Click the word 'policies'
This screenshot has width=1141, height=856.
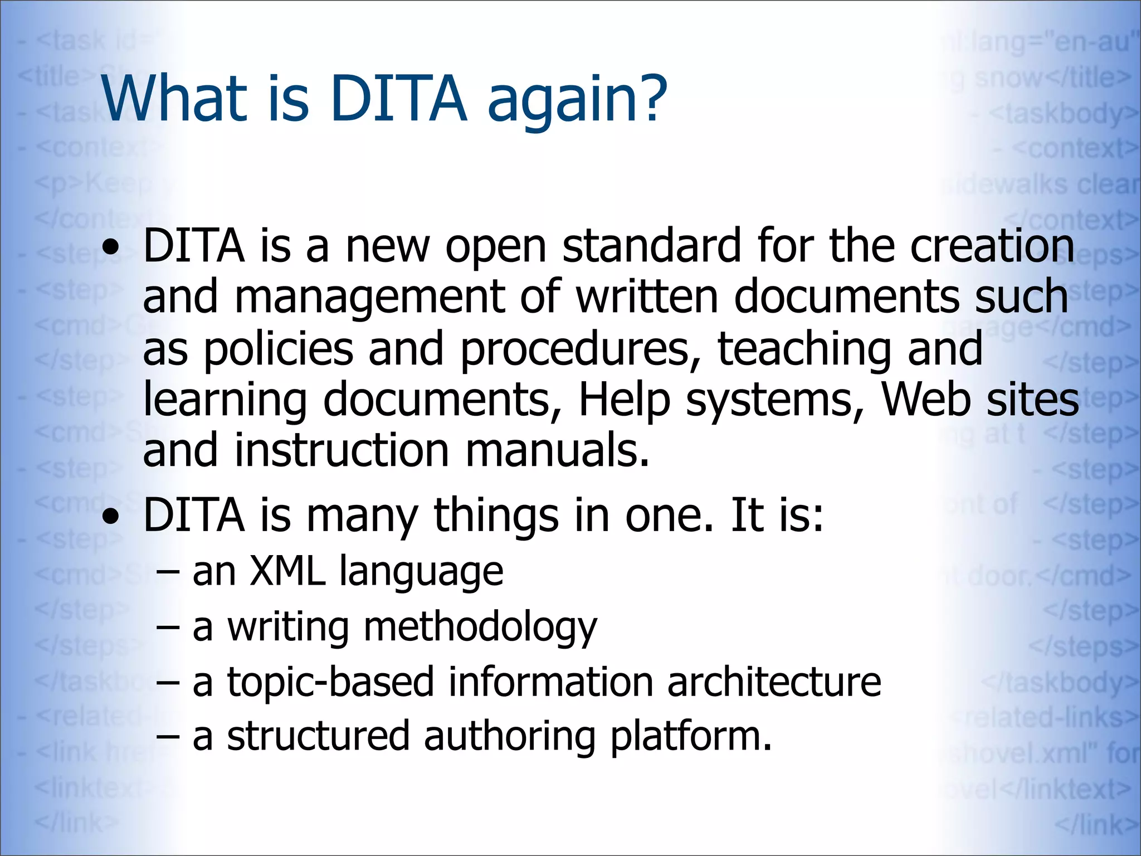click(279, 350)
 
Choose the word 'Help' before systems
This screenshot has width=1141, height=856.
click(625, 400)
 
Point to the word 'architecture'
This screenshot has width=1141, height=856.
click(774, 682)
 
